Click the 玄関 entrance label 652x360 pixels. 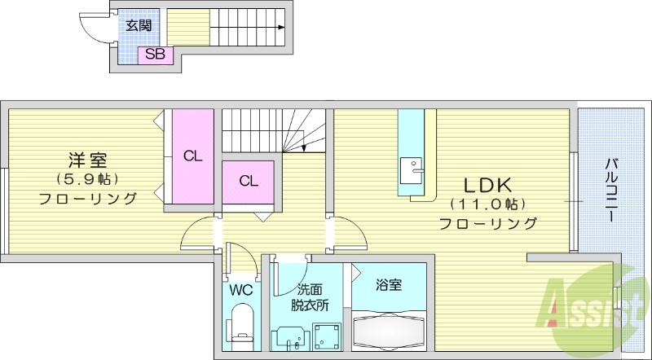pos(135,24)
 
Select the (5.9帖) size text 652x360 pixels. pos(87,178)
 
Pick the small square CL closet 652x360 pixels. pos(249,181)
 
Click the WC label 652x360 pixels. pos(240,290)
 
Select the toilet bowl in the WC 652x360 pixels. pos(241,323)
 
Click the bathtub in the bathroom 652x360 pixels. pos(390,333)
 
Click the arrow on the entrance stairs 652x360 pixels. pos(280,28)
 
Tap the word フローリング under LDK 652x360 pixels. pos(487,222)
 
